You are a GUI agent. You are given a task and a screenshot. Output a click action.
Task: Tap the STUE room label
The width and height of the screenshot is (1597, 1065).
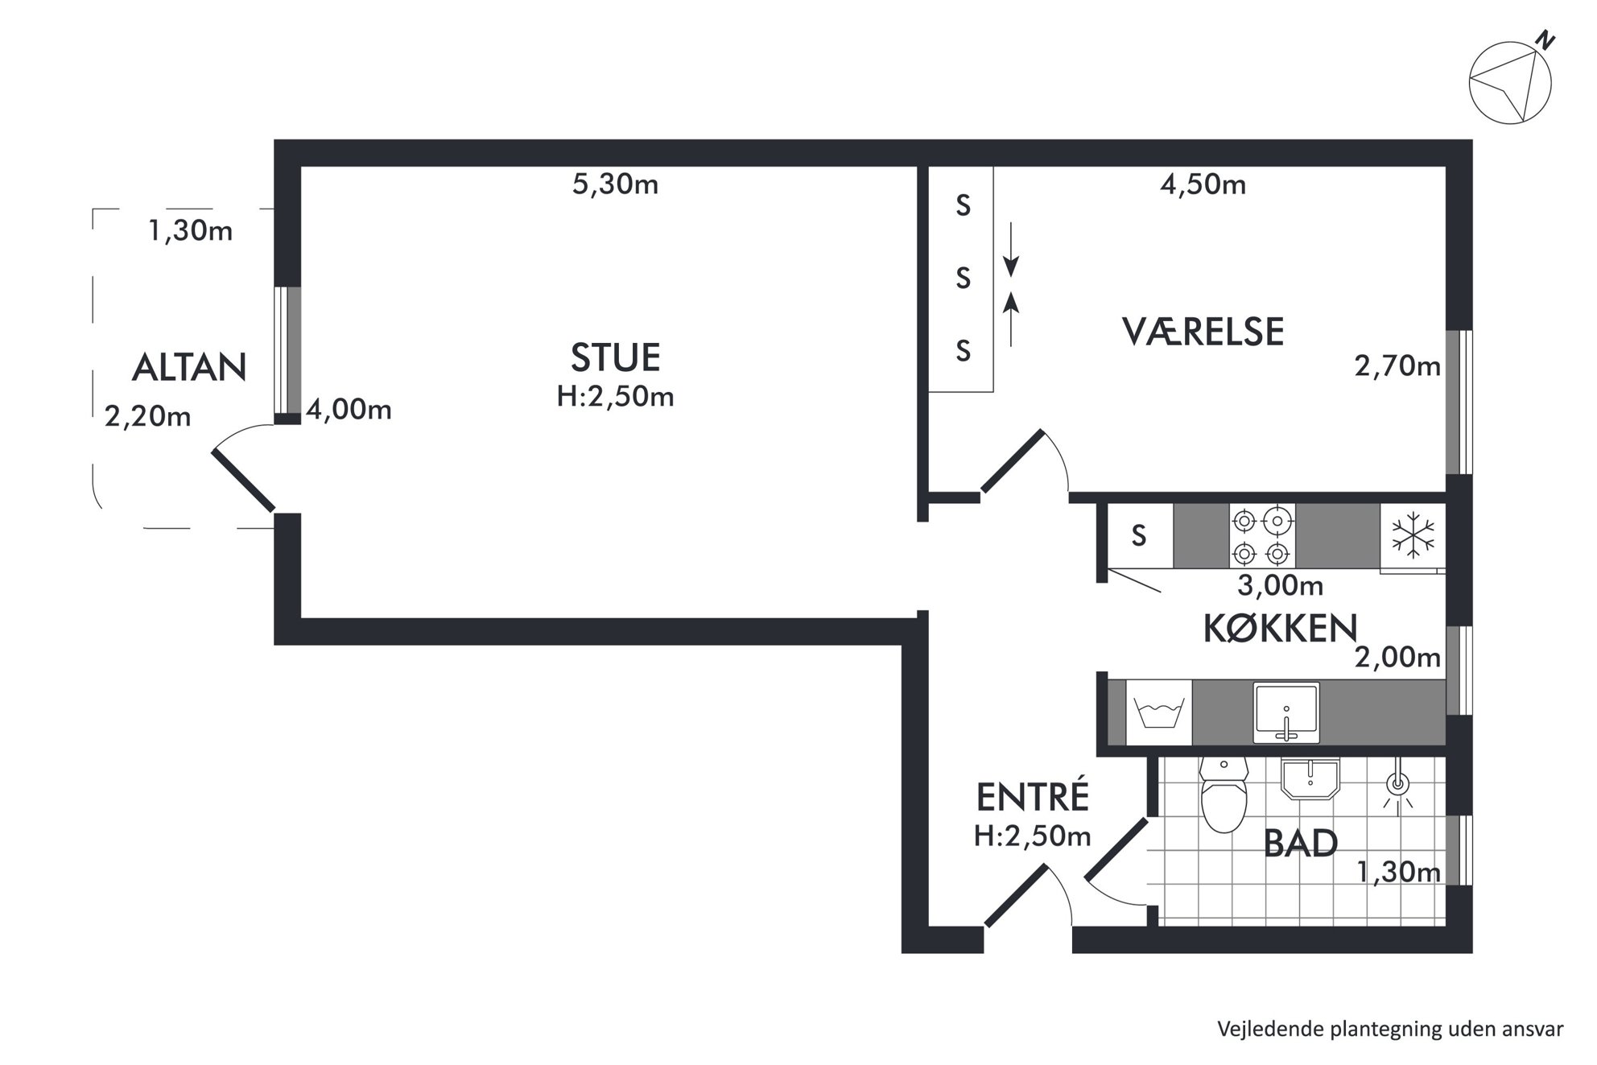615,358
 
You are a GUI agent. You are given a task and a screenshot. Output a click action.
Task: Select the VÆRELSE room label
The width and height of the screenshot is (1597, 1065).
1203,332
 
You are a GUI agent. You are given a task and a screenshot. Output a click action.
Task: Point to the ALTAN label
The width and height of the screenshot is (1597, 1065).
189,367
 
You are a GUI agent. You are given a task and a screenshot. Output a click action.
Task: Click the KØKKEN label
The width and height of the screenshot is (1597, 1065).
1280,628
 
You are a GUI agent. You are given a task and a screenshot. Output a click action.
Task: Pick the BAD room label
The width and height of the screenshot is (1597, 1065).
1301,844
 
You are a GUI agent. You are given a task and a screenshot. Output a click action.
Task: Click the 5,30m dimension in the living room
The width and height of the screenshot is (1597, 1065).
615,184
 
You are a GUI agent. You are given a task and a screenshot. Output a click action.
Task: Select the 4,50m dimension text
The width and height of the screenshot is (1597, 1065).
1203,184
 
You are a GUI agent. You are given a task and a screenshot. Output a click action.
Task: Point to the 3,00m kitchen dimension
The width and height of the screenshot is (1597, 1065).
1280,585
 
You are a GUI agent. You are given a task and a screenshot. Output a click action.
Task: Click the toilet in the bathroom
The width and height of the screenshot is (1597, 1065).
1224,794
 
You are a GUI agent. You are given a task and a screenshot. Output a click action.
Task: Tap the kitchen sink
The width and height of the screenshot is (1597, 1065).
1286,712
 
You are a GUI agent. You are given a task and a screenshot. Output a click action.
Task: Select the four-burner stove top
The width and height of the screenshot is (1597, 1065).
1262,536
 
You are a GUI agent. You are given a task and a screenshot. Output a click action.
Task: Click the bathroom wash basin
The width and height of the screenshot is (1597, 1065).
1310,779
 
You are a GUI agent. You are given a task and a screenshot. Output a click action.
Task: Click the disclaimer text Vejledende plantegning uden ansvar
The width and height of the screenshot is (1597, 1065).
1390,1029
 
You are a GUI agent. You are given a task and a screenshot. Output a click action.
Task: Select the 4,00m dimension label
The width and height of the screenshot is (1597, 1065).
349,410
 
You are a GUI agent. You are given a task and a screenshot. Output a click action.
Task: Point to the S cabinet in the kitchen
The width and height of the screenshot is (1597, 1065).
1140,536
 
